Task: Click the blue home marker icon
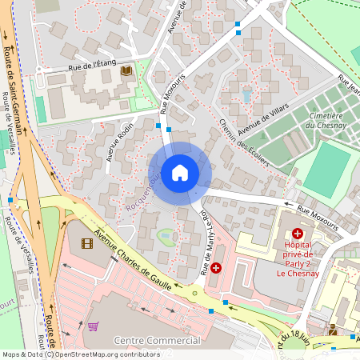pyautogui.click(x=180, y=172)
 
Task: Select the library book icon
pyautogui.click(x=126, y=71)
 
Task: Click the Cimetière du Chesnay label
pyautogui.click(x=326, y=120)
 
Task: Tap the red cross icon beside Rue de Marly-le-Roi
pyautogui.click(x=215, y=269)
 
